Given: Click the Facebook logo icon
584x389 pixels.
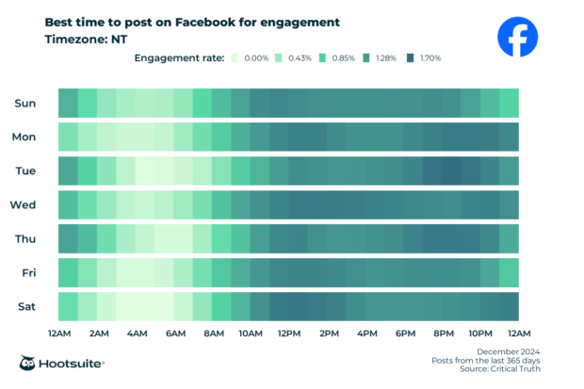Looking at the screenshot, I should click(517, 39).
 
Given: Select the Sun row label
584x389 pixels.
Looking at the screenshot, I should click(25, 103).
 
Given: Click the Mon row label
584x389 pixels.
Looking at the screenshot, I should click(24, 137).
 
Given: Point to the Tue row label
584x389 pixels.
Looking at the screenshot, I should click(25, 170).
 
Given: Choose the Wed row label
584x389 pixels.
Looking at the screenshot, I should click(24, 204).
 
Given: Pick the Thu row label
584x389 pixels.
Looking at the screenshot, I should click(25, 238).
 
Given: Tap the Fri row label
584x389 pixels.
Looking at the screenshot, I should click(28, 272).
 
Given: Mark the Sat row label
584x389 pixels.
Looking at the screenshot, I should click(26, 306).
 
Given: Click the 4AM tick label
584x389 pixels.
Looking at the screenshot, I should click(136, 333).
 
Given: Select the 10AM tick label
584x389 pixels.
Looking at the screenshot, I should click(250, 333).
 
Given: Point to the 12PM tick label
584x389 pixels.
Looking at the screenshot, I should click(289, 333).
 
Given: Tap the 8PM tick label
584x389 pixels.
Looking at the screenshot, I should click(443, 333).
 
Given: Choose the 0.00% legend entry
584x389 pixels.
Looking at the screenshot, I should click(249, 58).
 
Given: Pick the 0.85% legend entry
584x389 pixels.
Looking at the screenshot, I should click(335, 58).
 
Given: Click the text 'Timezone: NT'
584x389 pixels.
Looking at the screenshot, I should click(86, 40).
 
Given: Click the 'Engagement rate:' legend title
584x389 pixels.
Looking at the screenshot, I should click(180, 58).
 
